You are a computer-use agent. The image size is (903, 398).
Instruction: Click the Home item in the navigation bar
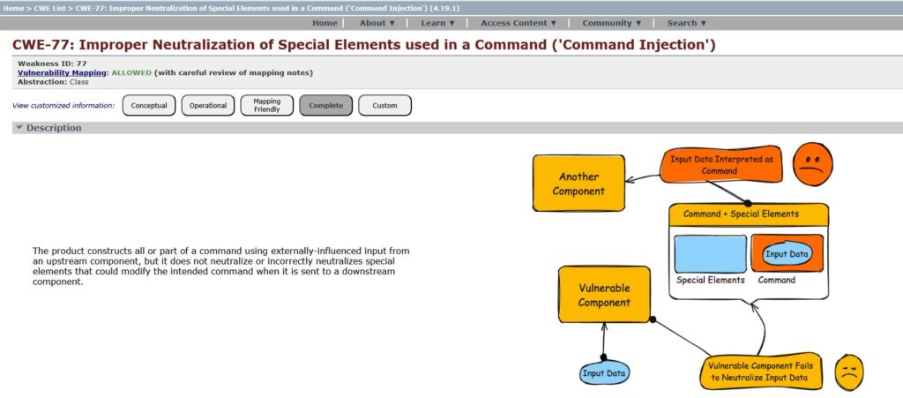click(325, 23)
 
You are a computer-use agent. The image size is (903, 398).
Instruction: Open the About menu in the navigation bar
click(377, 23)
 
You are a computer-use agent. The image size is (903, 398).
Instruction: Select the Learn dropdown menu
click(438, 23)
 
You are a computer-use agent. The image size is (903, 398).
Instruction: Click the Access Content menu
click(519, 23)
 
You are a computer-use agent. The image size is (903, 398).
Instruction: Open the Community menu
click(612, 23)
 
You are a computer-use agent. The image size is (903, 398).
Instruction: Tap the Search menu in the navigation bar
click(687, 23)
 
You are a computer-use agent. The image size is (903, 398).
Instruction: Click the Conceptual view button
click(149, 106)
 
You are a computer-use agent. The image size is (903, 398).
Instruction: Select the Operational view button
click(208, 106)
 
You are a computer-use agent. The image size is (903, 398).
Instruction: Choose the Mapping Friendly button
click(267, 106)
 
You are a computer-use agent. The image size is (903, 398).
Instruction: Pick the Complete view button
click(326, 106)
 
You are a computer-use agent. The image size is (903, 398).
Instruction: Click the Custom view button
click(384, 106)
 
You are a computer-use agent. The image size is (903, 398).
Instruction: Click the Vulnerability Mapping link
click(62, 72)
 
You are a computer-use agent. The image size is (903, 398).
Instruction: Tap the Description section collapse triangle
click(19, 128)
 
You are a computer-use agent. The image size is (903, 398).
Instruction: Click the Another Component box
click(578, 184)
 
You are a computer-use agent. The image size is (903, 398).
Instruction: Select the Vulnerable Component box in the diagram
click(604, 295)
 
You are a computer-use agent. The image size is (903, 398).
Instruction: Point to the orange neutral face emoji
click(812, 165)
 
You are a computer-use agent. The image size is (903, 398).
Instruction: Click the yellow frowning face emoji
click(848, 372)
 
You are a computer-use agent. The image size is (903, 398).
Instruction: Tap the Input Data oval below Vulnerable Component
click(604, 373)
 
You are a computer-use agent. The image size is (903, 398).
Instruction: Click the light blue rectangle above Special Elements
click(710, 253)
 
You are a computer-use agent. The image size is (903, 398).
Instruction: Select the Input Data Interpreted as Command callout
click(720, 165)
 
